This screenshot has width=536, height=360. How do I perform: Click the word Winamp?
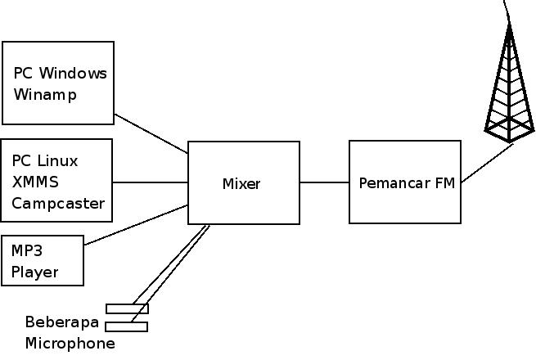click(x=45, y=94)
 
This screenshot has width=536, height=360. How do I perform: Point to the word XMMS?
click(x=35, y=182)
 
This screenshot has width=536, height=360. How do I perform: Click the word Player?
click(x=34, y=272)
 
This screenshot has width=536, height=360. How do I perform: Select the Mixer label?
click(x=241, y=184)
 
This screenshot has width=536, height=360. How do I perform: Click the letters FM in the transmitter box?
click(x=445, y=182)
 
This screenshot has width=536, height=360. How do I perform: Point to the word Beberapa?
click(x=61, y=321)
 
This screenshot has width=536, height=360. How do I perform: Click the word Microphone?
click(x=70, y=343)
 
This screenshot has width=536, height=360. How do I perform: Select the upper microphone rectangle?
click(x=127, y=308)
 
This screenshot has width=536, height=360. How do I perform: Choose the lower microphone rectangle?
click(x=127, y=326)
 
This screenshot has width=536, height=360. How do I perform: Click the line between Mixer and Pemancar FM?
click(x=324, y=182)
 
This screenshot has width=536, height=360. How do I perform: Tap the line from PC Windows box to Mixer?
click(x=151, y=133)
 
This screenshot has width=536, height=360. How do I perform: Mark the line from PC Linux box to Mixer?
click(x=150, y=182)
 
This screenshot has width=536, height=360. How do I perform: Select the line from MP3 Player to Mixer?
click(x=137, y=225)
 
